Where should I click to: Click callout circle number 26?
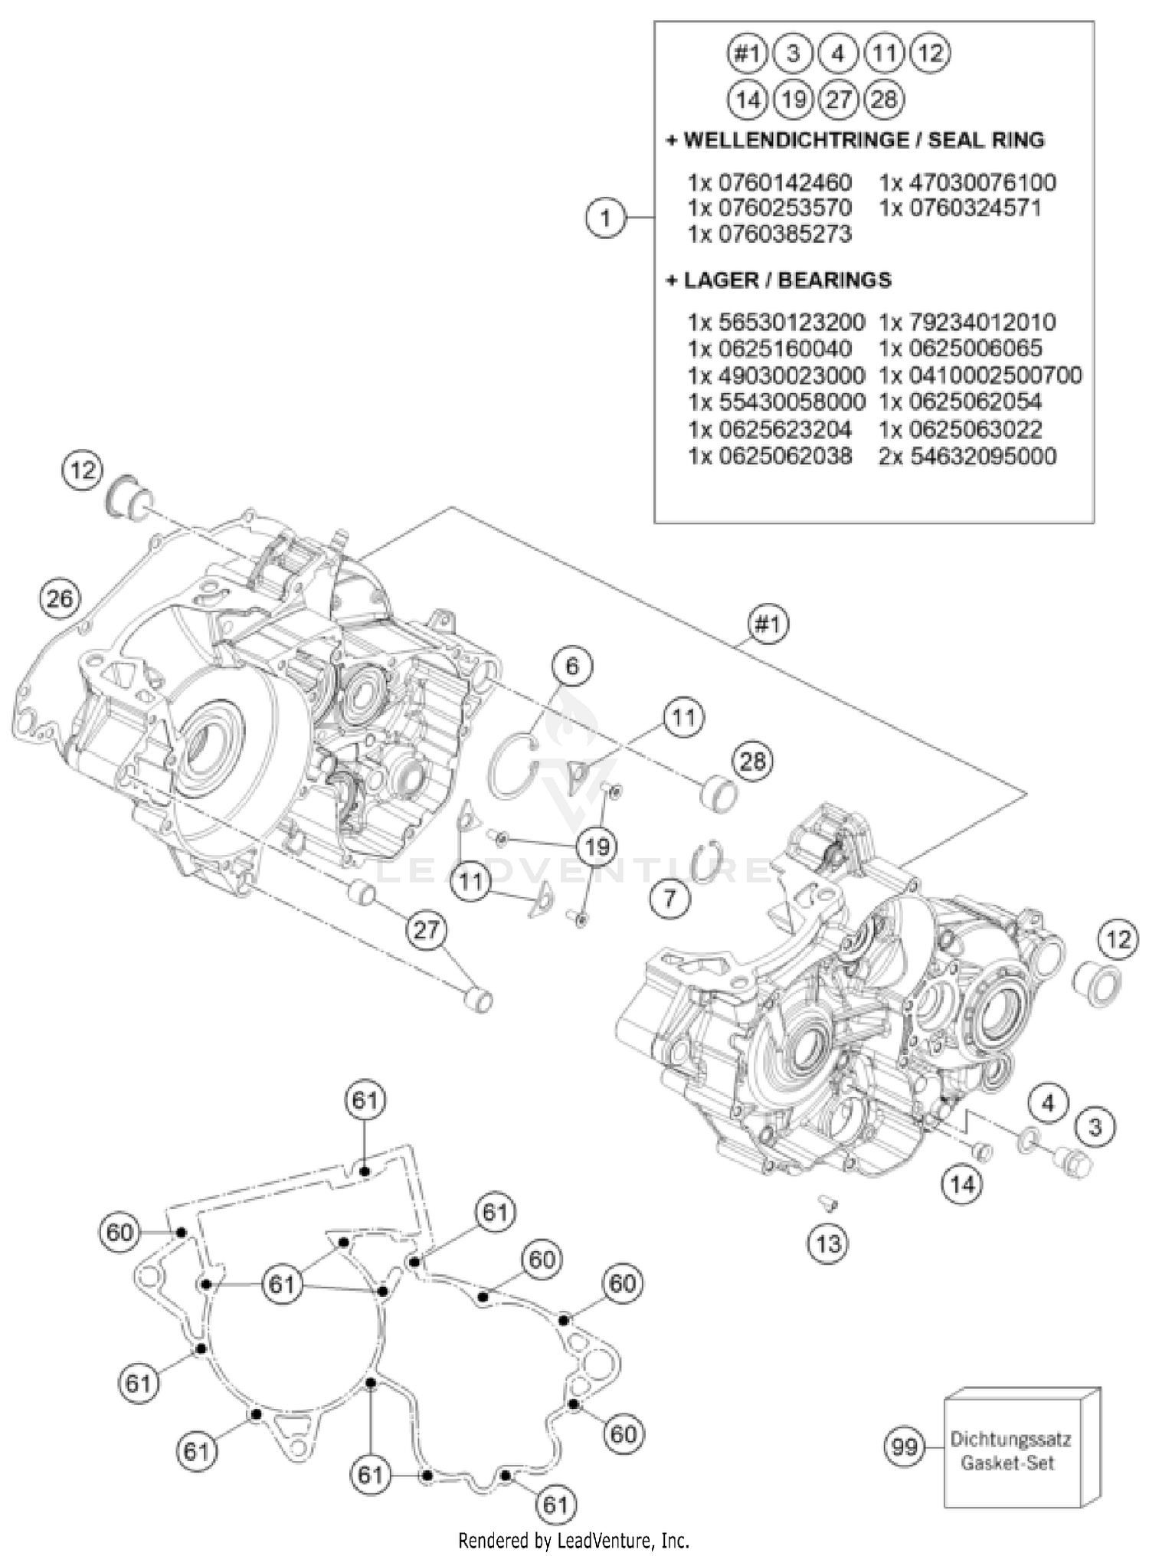point(60,598)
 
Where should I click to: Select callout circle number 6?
point(572,666)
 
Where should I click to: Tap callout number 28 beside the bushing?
point(752,761)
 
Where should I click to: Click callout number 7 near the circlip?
point(670,897)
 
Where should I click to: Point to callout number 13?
point(828,1242)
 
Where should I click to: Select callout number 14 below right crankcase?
point(962,1184)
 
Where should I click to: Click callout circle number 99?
point(905,1447)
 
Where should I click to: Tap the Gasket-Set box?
point(1011,1451)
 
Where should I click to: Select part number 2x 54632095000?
point(967,457)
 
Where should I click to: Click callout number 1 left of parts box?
point(605,218)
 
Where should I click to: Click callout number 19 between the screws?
point(597,846)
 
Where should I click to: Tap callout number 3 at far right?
point(1095,1127)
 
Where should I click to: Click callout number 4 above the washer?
point(1048,1102)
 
